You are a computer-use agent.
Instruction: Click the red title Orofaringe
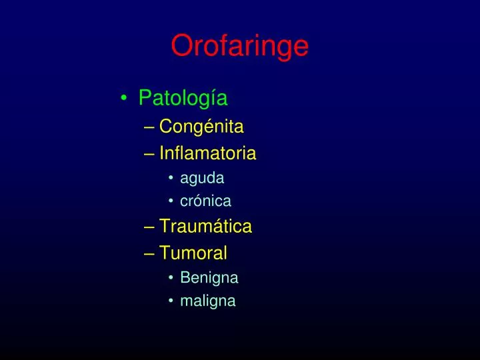point(239,47)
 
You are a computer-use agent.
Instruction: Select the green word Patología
point(183,98)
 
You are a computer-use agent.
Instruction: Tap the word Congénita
point(201,126)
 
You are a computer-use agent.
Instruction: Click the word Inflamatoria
point(207,153)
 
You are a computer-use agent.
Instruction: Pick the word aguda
point(202,178)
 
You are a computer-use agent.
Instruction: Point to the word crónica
point(205,201)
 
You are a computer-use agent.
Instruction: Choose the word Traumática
point(205,227)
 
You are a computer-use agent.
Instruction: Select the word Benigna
point(209,277)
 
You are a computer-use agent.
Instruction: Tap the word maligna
point(207,301)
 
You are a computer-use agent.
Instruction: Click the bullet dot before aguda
point(171,179)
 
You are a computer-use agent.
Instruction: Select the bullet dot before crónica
point(171,201)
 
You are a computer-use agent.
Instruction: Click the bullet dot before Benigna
point(171,278)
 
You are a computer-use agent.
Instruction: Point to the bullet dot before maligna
point(171,301)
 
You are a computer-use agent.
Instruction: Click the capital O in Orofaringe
point(182,47)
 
